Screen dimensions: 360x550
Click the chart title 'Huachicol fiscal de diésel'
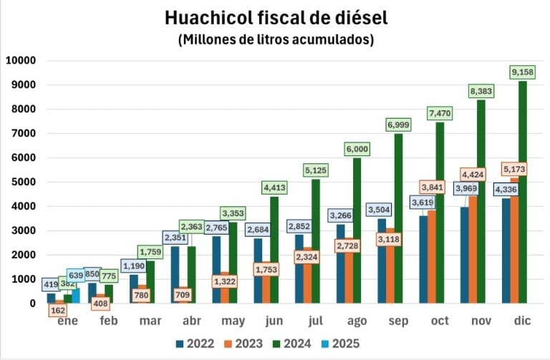point(276,17)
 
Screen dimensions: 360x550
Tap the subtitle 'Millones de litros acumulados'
point(276,40)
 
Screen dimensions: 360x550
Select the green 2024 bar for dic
point(523,200)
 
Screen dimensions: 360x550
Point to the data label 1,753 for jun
point(266,270)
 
